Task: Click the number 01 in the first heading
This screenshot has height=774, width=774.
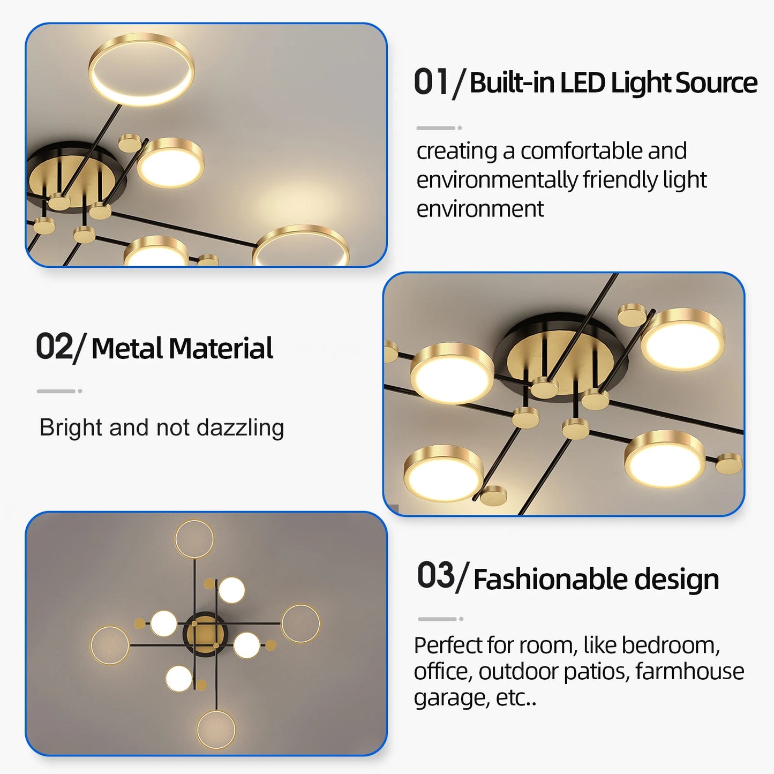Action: (x=430, y=83)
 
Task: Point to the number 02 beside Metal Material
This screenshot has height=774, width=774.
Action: (x=54, y=347)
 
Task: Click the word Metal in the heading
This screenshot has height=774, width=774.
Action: (x=127, y=349)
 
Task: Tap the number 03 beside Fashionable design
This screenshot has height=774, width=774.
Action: (x=435, y=576)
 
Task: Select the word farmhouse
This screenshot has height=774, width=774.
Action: (x=690, y=671)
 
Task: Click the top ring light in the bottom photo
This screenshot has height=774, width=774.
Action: (x=194, y=539)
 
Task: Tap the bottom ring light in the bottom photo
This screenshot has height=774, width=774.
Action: (x=216, y=730)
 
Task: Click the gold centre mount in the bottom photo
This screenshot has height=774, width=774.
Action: (x=205, y=634)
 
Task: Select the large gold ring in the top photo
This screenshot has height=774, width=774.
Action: (x=141, y=70)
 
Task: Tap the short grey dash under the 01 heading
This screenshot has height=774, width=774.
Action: (x=435, y=128)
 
